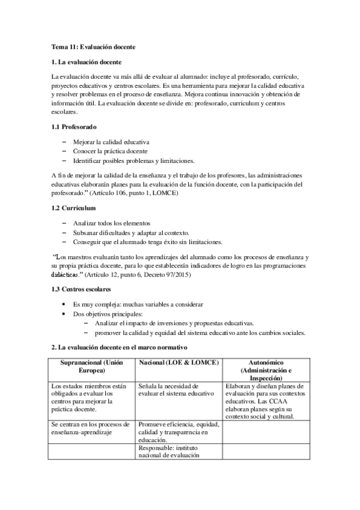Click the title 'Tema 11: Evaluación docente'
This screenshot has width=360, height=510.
tap(94, 46)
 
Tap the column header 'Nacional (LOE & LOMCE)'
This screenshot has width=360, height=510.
tap(178, 364)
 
